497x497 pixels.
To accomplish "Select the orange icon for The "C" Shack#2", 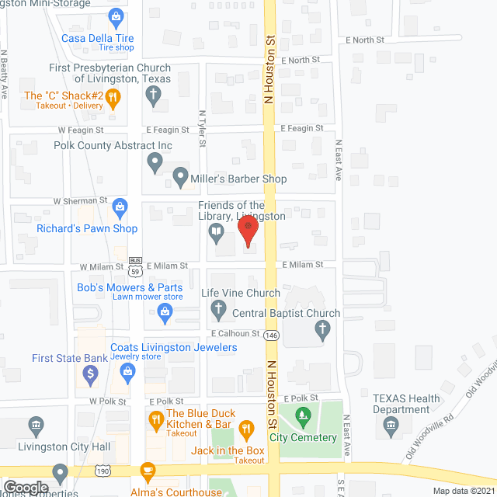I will coord(113,98).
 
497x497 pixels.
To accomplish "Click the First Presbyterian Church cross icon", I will coord(154,96).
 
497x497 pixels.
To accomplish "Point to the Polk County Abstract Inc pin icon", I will coord(154,162).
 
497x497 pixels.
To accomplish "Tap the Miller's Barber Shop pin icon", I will coord(179,179).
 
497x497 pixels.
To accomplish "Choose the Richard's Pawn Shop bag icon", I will coord(120,207).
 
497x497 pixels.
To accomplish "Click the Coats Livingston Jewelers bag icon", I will coord(130,373).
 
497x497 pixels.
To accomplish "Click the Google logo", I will coord(25,488).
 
